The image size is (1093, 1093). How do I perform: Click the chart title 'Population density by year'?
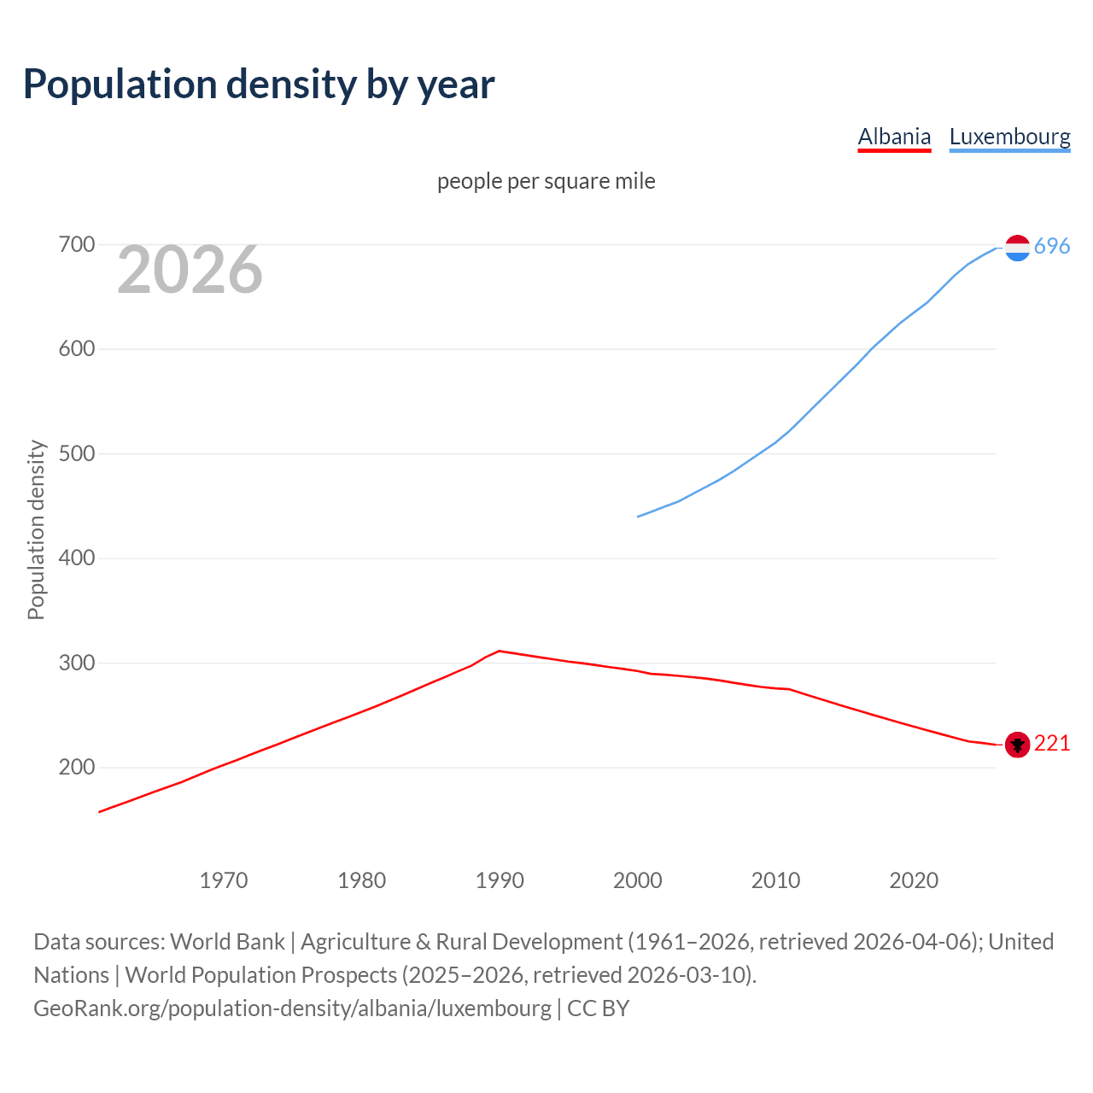(x=259, y=85)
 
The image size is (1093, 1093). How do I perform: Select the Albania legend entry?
(x=894, y=137)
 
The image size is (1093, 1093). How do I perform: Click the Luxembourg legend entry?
(x=1009, y=137)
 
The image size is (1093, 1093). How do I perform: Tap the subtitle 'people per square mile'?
(x=546, y=181)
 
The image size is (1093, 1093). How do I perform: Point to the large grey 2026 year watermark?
(x=190, y=270)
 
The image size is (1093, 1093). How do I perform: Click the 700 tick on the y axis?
(x=76, y=245)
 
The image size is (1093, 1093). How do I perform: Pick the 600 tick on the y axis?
(x=76, y=349)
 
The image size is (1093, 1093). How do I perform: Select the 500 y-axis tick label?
(x=76, y=454)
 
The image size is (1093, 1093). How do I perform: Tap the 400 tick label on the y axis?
(x=76, y=558)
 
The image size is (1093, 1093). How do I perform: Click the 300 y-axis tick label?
(x=76, y=663)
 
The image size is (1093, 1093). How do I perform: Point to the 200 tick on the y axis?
(x=76, y=768)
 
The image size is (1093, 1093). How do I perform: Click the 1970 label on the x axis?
(x=224, y=880)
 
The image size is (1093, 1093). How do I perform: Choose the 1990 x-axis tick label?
(x=500, y=880)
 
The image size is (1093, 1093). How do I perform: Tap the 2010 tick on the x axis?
(x=775, y=880)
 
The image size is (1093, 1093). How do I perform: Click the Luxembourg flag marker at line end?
(x=1017, y=248)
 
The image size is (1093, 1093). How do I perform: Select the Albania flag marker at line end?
(x=1017, y=745)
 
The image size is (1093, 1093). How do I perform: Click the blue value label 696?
(x=1052, y=247)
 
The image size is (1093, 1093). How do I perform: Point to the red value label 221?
(x=1052, y=744)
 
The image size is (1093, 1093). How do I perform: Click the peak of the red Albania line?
(x=500, y=651)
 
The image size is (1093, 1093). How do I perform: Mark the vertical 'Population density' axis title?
(x=36, y=529)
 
